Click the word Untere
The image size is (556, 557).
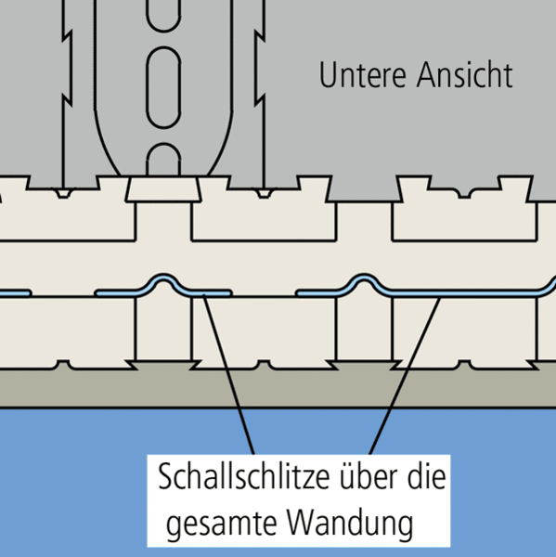coord(362,75)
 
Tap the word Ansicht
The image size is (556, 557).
coord(465,75)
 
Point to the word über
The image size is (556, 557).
coord(369,476)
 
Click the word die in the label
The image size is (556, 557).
coord(426,476)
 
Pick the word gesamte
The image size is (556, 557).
coord(222,524)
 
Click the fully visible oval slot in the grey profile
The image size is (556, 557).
coord(163,87)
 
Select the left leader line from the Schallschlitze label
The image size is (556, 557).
coord(228,374)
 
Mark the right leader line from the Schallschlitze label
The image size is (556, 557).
coord(405,376)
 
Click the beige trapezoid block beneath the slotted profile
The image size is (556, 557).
coord(163,189)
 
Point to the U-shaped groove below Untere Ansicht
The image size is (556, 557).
coord(464,194)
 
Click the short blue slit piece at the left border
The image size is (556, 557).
coord(16,293)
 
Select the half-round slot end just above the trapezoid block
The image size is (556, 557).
coord(163,159)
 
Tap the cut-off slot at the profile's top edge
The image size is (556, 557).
coord(163,16)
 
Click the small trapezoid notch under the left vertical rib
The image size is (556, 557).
coord(63,194)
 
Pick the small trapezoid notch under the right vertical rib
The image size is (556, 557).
coord(264,194)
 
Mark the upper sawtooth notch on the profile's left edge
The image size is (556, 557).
coord(68,36)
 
